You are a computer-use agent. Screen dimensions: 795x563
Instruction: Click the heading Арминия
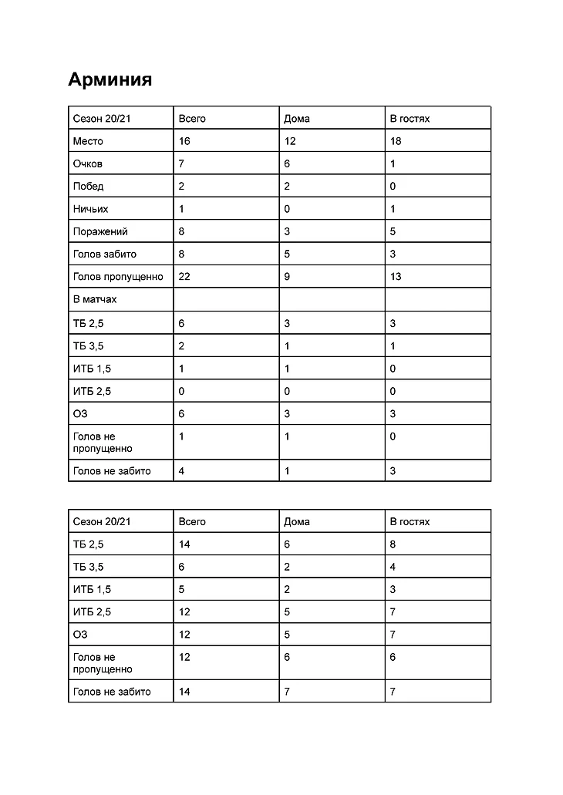point(110,79)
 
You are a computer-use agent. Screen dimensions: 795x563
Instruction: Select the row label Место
point(88,141)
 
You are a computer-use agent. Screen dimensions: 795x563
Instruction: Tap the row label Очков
point(87,163)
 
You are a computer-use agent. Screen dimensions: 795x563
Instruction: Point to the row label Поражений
point(100,231)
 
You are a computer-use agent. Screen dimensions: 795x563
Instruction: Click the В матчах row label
point(95,298)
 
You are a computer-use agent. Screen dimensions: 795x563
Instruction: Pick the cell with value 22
point(184,276)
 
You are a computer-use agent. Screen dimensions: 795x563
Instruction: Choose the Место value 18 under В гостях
point(396,141)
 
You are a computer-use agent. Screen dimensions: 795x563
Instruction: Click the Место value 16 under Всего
point(184,141)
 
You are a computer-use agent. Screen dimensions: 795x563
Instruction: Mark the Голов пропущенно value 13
point(396,276)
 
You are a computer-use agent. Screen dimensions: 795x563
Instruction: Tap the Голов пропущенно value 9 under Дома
point(288,276)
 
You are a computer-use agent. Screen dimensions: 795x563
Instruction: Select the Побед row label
point(88,186)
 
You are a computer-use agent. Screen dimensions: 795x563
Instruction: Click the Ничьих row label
point(90,209)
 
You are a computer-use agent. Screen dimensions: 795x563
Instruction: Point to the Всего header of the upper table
point(192,119)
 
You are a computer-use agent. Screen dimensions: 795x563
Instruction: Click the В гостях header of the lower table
point(410,521)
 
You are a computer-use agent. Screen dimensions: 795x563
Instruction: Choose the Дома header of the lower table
point(297,521)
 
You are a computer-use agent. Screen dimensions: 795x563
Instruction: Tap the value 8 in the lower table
point(393,544)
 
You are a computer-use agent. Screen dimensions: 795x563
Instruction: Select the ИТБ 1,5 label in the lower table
point(92,589)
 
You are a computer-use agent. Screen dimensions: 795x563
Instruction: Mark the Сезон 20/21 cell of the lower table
point(102,521)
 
